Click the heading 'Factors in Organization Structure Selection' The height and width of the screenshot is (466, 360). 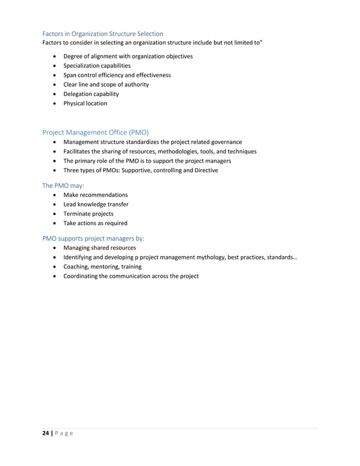tap(103, 34)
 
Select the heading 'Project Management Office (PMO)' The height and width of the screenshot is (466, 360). tap(95, 132)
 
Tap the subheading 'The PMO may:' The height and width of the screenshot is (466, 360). tap(63, 184)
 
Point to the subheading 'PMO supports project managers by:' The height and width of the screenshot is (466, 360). tap(93, 238)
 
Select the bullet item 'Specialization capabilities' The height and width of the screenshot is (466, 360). tap(96, 65)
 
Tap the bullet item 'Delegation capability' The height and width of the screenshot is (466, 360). tap(91, 94)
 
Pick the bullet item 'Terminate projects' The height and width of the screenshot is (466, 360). tap(88, 213)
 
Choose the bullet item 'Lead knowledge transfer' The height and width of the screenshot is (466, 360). tap(95, 204)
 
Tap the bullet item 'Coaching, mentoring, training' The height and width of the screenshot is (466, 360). tap(102, 266)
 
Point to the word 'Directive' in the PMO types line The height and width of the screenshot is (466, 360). tap(204, 170)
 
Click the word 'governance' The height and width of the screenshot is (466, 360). tap(226, 142)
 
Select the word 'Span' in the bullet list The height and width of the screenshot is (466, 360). tap(70, 75)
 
